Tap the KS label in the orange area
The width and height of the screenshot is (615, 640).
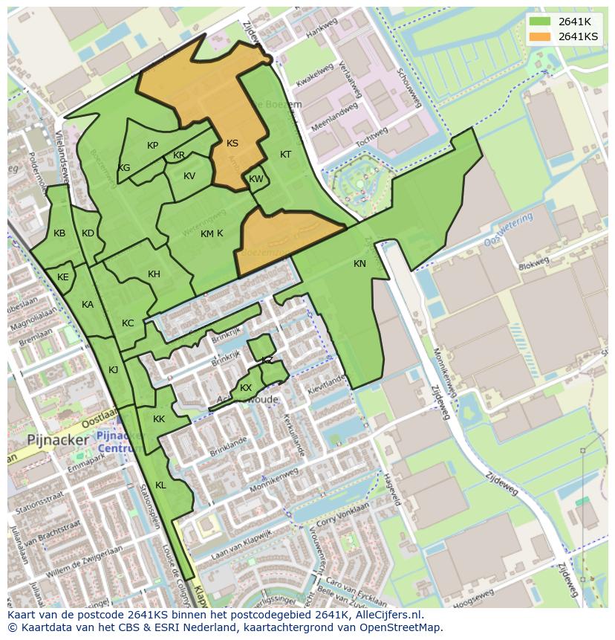tap(232, 143)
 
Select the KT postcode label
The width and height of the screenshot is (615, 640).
tap(285, 155)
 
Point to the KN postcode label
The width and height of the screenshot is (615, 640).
tap(359, 264)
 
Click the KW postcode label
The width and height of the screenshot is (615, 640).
tap(256, 179)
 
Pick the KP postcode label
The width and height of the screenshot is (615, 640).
tap(152, 146)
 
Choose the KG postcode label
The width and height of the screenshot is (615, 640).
tap(124, 168)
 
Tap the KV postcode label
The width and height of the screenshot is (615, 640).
tap(189, 176)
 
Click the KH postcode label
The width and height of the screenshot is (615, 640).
tap(154, 274)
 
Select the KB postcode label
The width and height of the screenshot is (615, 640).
tap(59, 233)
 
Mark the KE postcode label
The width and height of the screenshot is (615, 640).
tap(63, 277)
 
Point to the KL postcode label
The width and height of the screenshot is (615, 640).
tap(160, 485)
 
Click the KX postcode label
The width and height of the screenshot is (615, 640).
tap(246, 388)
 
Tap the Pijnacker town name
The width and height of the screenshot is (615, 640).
tap(58, 439)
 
